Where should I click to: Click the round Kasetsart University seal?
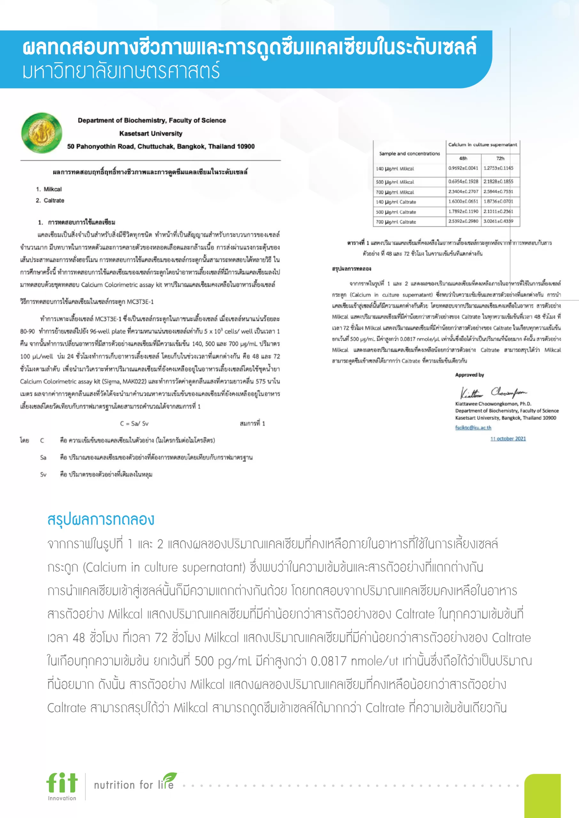coord(42,133)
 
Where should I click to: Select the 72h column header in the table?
coord(500,158)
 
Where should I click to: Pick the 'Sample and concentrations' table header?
coord(409,154)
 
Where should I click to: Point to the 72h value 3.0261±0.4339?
coord(498,221)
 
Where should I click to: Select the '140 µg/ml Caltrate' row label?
coord(396,202)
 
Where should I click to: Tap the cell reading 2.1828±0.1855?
coord(498,181)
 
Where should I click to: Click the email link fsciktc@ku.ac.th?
coord(473,428)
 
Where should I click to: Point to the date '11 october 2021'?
coord(508,439)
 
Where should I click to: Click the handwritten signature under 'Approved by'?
coord(493,393)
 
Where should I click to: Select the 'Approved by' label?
coord(469,375)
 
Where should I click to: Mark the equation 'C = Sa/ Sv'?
coord(134,424)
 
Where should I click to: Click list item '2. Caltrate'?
coord(50,201)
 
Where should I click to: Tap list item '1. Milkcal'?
coord(49,189)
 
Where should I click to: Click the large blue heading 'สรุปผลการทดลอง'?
coord(101,520)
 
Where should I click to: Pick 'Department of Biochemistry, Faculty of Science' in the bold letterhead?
coord(152,120)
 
